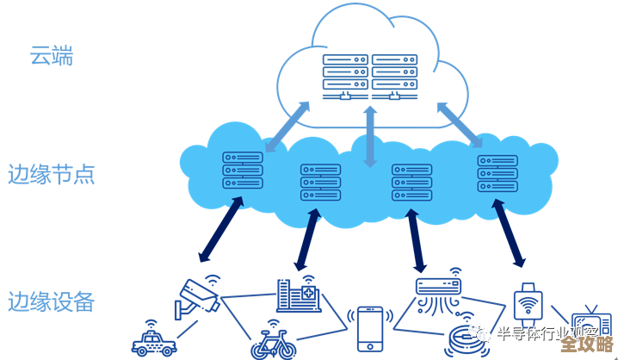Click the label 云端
click(51, 58)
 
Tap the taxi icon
click(153, 340)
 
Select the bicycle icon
click(272, 344)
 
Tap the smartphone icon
click(370, 327)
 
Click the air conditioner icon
click(438, 291)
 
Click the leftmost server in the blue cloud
click(242, 171)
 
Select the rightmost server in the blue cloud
click(497, 173)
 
